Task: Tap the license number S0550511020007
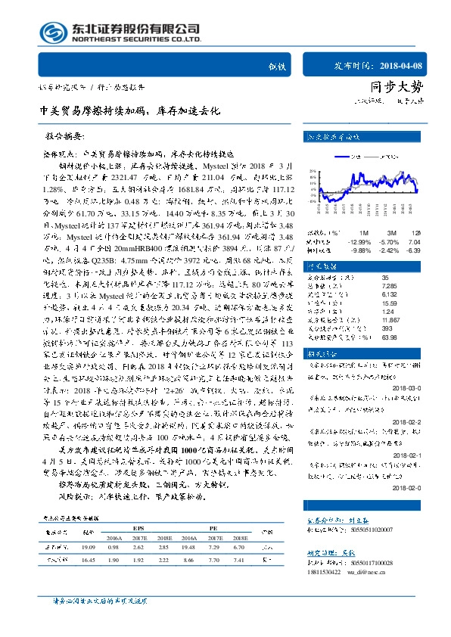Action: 356,532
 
